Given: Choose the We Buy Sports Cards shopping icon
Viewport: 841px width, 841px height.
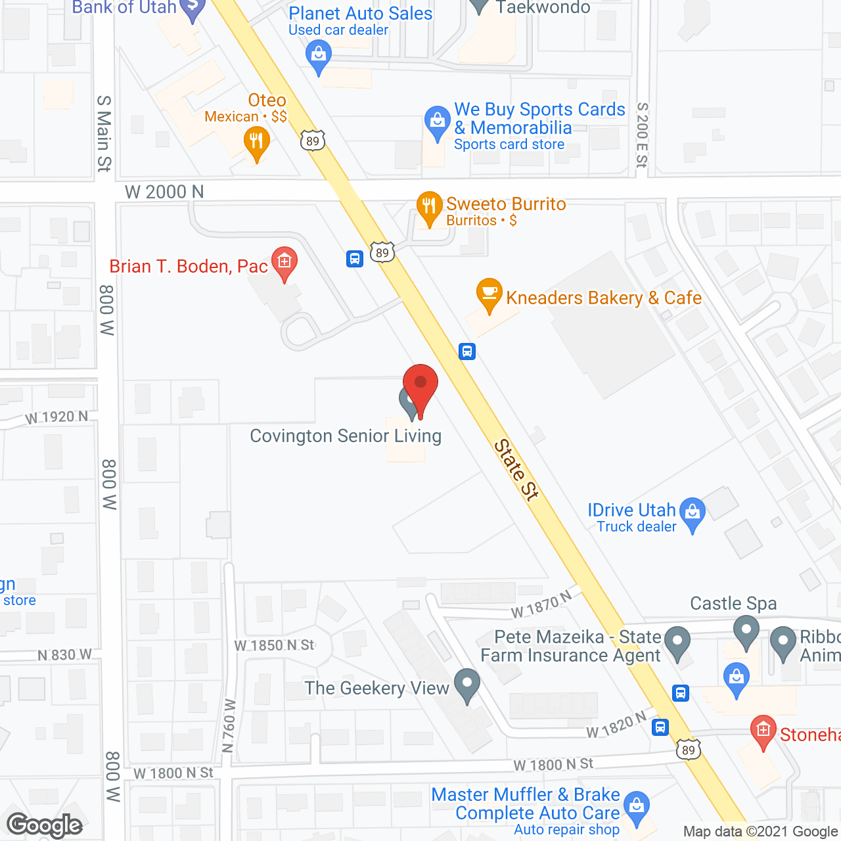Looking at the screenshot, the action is click(x=437, y=122).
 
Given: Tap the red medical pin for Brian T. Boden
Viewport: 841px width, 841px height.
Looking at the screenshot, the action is click(x=284, y=262).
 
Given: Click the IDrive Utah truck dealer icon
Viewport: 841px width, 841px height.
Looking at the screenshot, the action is click(x=693, y=512).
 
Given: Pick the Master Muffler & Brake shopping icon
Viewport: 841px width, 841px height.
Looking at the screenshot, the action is click(x=636, y=806).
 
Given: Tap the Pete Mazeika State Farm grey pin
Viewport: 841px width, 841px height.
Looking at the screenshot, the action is click(x=677, y=642).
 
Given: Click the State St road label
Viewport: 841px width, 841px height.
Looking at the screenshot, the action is click(x=516, y=470).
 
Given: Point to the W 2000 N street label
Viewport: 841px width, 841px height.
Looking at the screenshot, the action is click(x=164, y=192).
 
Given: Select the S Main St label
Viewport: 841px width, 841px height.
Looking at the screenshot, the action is click(x=104, y=133).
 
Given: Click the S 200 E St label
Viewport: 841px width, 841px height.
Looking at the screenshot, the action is click(x=642, y=135).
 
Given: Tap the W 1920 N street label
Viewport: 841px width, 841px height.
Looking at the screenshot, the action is click(x=57, y=417).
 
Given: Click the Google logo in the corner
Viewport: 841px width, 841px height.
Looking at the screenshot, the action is click(x=45, y=825).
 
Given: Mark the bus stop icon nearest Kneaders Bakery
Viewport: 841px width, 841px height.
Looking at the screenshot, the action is click(x=467, y=351).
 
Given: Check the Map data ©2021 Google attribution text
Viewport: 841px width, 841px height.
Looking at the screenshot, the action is click(x=761, y=832).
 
